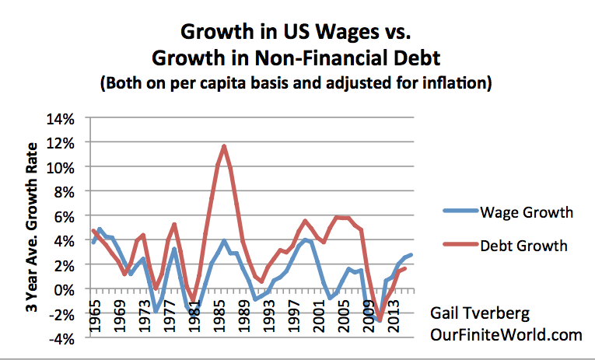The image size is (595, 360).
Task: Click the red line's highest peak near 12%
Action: click(224, 146)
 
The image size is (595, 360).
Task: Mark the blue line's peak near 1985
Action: click(224, 240)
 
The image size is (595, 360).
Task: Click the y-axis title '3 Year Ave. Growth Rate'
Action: click(32, 226)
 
